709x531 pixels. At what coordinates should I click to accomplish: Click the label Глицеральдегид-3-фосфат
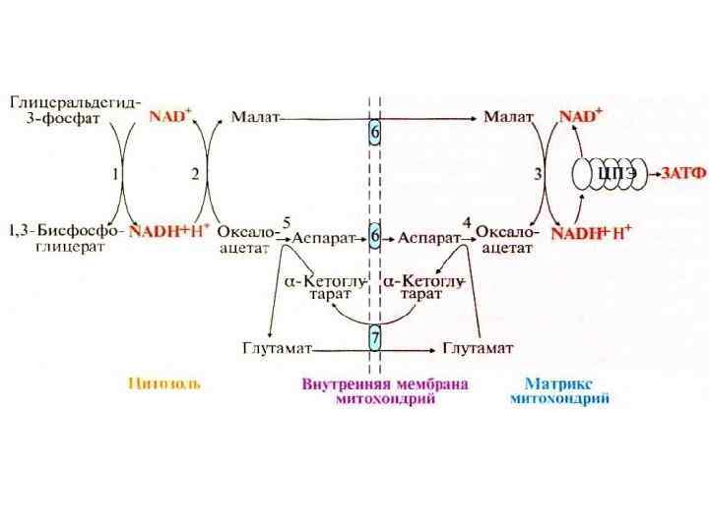pos(75,108)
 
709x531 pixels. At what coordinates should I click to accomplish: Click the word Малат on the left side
pos(253,117)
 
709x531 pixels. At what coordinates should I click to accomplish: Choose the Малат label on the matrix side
pos(508,117)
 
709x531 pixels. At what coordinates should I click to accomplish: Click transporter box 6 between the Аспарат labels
pos(375,238)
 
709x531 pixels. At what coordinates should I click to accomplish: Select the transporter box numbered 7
pos(375,337)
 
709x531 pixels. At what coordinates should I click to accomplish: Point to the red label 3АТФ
pos(682,174)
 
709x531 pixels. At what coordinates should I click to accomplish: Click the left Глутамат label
pos(277,347)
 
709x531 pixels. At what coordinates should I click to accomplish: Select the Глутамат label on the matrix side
pos(483,347)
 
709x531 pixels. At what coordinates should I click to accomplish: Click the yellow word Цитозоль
pos(164,384)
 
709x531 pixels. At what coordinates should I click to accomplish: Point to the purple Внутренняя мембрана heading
pos(385,384)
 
